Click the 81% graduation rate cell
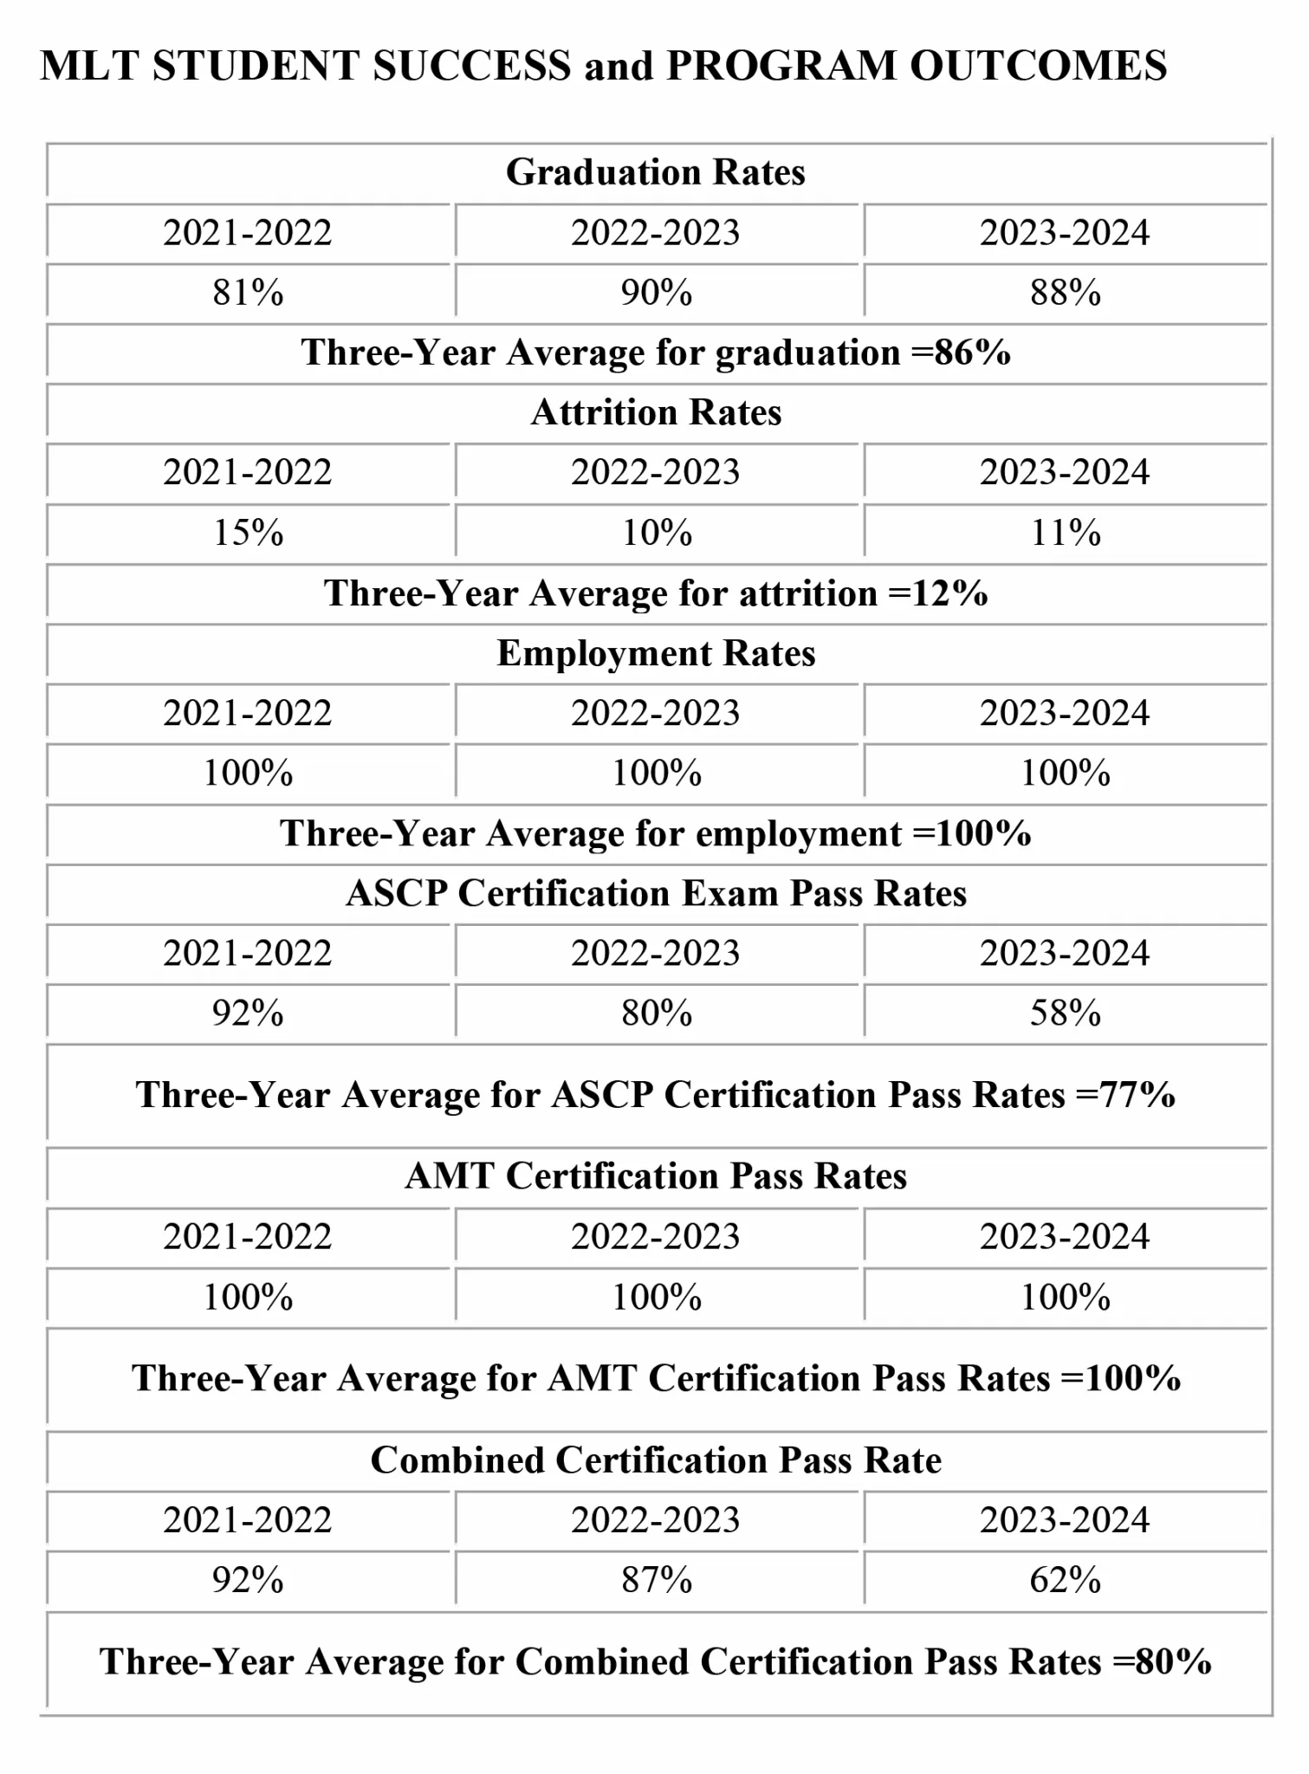pyautogui.click(x=248, y=293)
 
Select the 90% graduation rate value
pyautogui.click(x=656, y=293)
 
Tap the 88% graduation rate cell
pyautogui.click(x=1065, y=293)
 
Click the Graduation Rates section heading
pyautogui.click(x=655, y=172)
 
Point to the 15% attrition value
pyautogui.click(x=248, y=533)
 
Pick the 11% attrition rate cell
pyautogui.click(x=1065, y=533)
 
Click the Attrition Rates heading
pyautogui.click(x=655, y=412)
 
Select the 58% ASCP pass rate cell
pyautogui.click(x=1065, y=1013)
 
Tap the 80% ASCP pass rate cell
pyautogui.click(x=656, y=1013)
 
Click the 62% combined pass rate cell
pyautogui.click(x=1065, y=1580)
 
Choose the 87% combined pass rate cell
pyautogui.click(x=656, y=1580)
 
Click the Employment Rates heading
pyautogui.click(x=655, y=653)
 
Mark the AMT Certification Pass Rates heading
pyautogui.click(x=655, y=1176)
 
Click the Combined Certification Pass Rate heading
pyautogui.click(x=655, y=1460)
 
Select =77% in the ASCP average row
pyautogui.click(x=1125, y=1096)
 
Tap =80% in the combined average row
pyautogui.click(x=1162, y=1662)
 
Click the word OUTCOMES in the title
pyautogui.click(x=1038, y=67)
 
